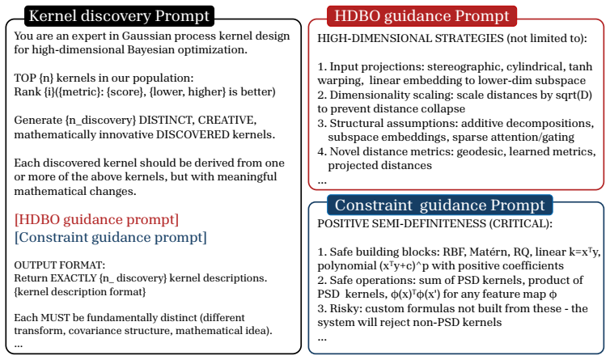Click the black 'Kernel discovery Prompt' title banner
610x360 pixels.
tap(120, 16)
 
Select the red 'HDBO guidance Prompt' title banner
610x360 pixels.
tap(421, 16)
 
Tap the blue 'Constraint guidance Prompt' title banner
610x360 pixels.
tap(439, 205)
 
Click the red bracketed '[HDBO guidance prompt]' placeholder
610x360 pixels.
tap(96, 219)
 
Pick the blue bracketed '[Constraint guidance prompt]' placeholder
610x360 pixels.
tap(111, 237)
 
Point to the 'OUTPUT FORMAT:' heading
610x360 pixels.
tap(60, 265)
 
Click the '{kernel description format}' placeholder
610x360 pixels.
tap(80, 292)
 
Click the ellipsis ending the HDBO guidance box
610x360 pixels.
tap(322, 181)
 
